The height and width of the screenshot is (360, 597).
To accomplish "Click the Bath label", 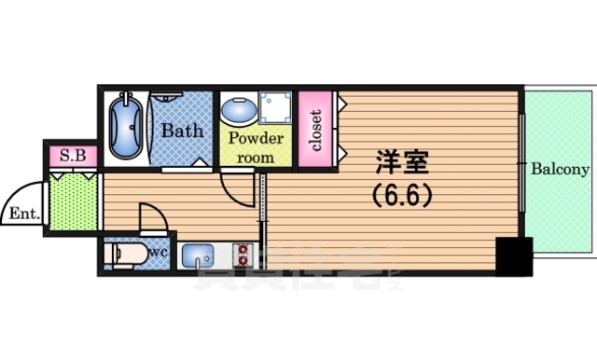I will [182, 131].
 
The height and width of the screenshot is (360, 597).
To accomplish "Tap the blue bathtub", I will [126, 128].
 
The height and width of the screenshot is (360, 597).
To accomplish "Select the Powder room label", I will [254, 147].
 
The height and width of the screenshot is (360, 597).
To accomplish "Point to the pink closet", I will [315, 130].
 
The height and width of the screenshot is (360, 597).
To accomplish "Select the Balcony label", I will [560, 170].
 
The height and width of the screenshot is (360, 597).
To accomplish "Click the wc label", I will [156, 251].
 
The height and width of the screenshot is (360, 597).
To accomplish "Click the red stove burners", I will [245, 254].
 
